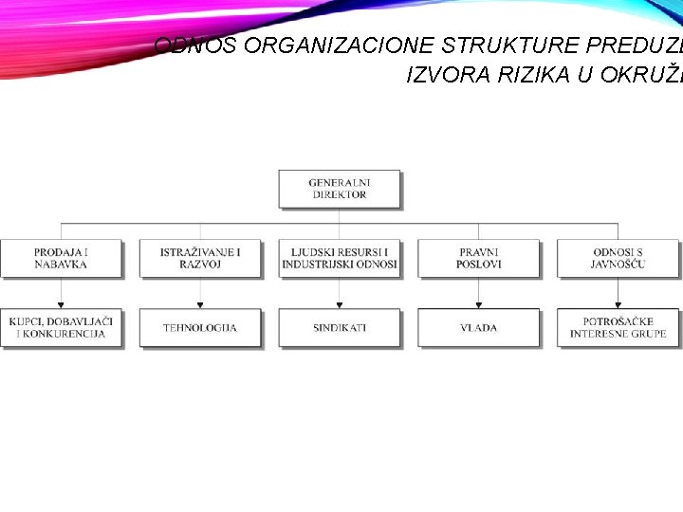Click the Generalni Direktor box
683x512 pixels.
pos(339,188)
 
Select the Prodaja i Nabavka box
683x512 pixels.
pos(61,258)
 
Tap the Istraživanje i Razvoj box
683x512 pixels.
pos(200,258)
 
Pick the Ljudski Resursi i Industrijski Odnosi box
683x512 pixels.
pos(339,258)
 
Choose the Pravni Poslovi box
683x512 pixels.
pos(478,258)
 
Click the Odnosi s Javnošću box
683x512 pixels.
pos(618,258)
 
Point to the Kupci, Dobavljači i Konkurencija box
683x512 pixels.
pos(61,328)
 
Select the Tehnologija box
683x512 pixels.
pos(200,328)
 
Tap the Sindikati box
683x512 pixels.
pos(339,328)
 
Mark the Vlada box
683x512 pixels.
pos(478,328)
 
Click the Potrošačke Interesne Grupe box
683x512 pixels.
pos(618,328)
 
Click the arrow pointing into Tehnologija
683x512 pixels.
pos(200,303)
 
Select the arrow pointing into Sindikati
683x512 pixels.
pos(339,303)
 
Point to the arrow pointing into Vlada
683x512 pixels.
pos(478,303)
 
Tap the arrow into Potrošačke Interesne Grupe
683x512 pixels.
pos(618,303)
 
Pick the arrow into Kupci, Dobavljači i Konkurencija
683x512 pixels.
pos(61,303)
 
